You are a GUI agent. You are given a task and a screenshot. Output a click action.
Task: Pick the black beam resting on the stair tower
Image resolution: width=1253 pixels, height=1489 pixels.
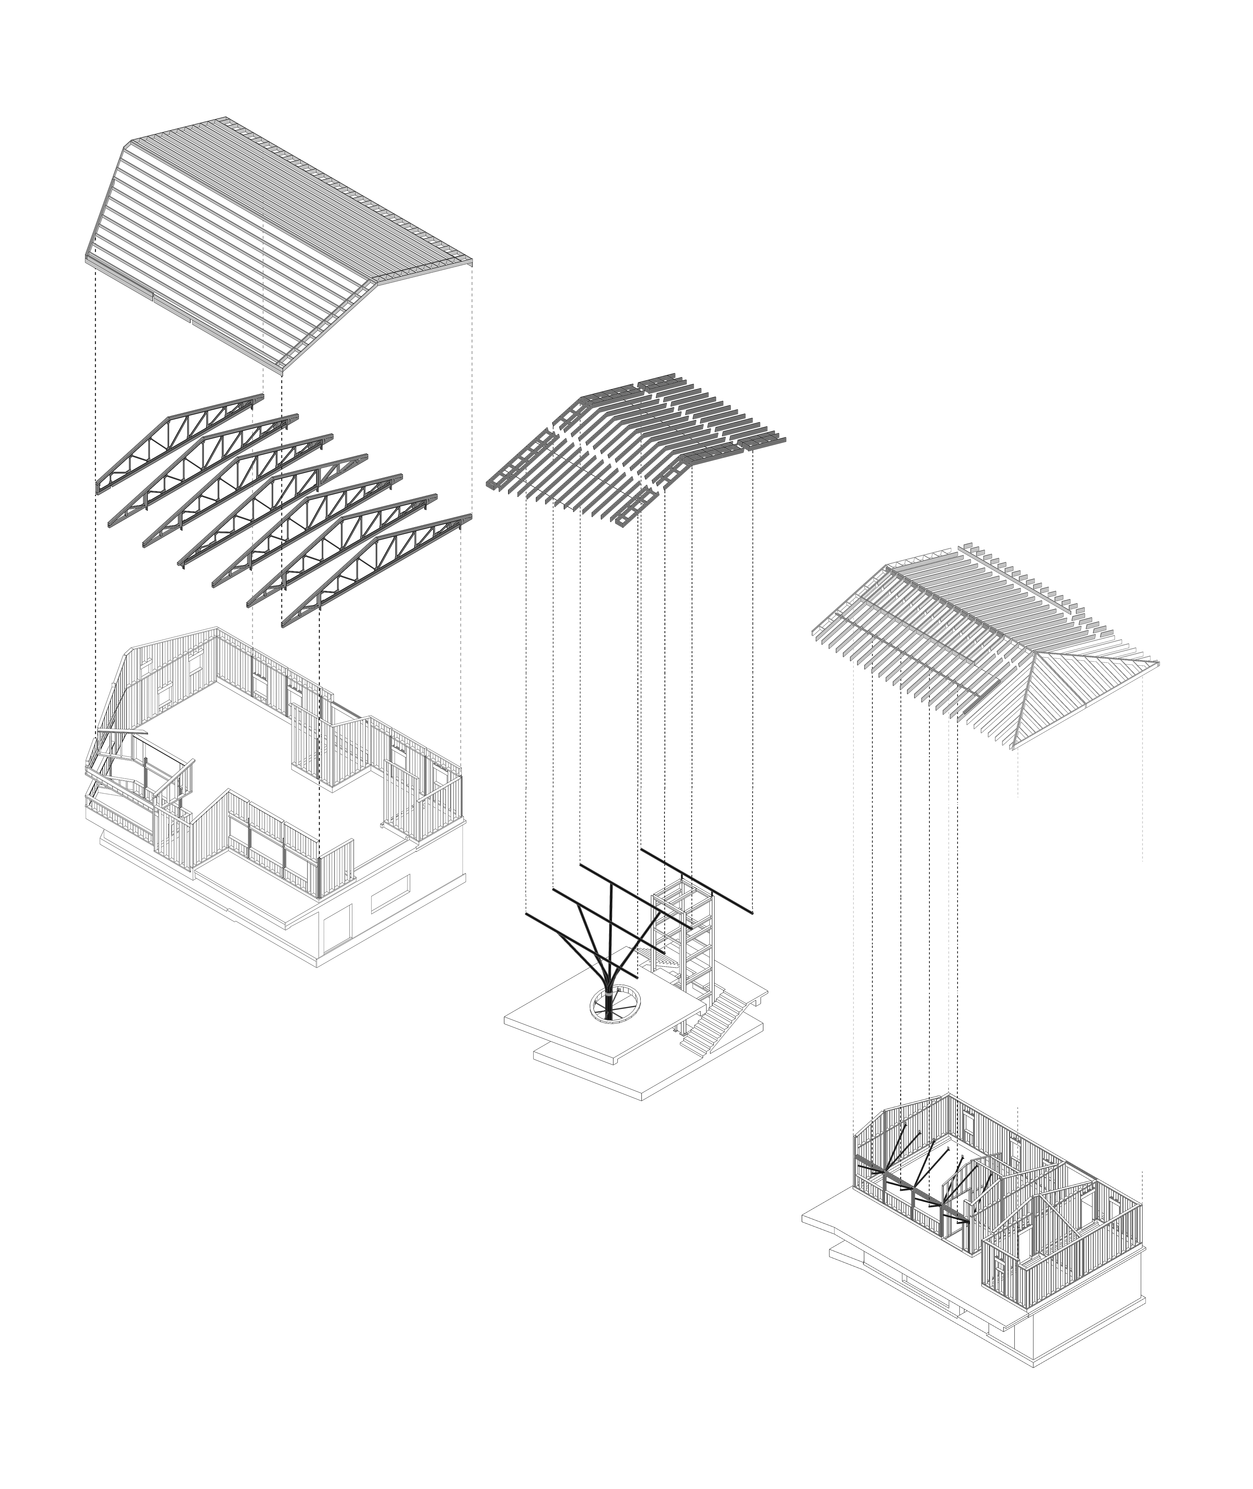tap(696, 881)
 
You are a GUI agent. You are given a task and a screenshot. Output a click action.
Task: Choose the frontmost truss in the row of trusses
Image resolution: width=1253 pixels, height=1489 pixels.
tap(376, 568)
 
